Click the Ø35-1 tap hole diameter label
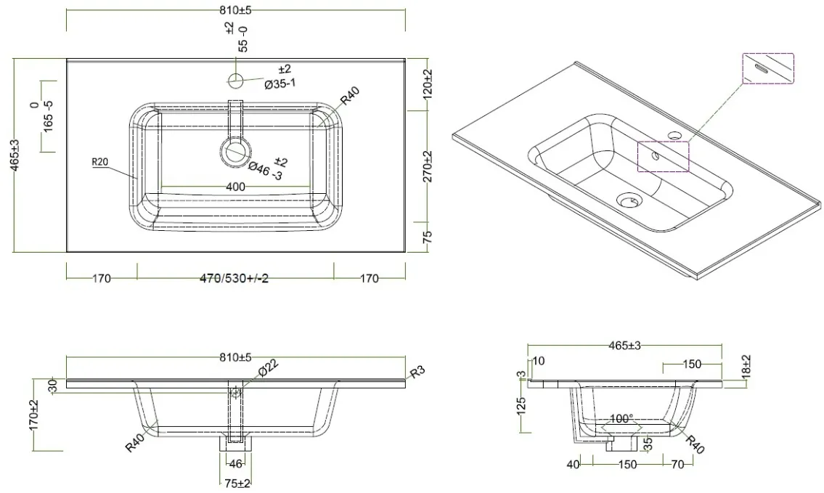(x=280, y=84)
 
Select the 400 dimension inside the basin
(x=235, y=187)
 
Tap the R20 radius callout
(x=100, y=162)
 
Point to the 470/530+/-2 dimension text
(x=235, y=279)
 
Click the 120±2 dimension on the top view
(x=428, y=84)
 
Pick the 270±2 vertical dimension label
(x=428, y=166)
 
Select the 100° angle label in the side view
(x=622, y=419)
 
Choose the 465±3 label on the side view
(x=624, y=346)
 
